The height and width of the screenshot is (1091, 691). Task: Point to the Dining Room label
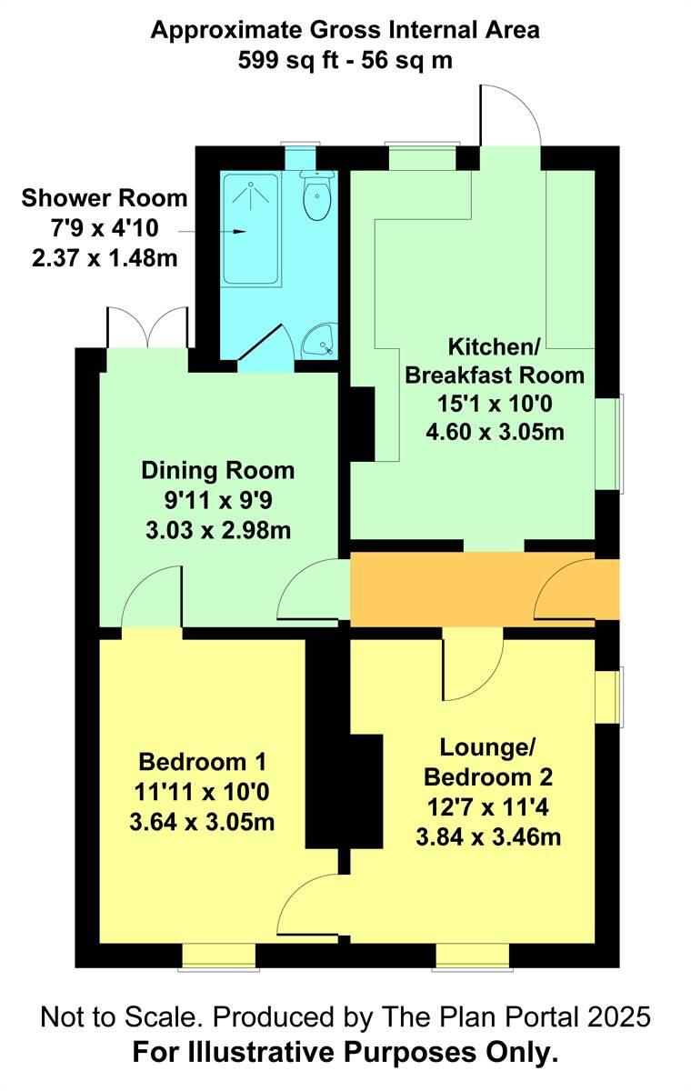pos(217,470)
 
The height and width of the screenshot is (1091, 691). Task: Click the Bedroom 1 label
pos(202,760)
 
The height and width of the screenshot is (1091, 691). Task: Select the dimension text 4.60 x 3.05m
pos(495,432)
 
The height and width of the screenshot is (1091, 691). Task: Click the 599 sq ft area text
pos(300,60)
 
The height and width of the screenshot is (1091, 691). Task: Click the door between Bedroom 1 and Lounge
pos(307,905)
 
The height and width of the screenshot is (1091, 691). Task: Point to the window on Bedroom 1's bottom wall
pos(216,956)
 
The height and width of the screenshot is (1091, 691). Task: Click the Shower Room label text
pos(104,197)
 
